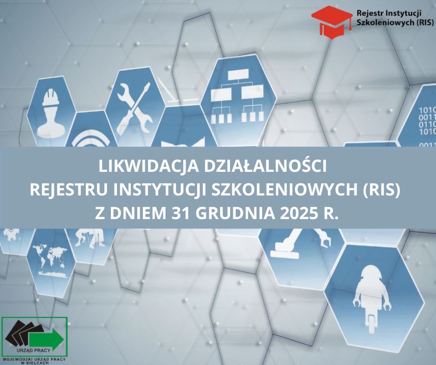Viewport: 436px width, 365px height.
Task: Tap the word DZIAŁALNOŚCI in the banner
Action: coord(265,166)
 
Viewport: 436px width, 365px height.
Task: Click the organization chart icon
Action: coord(237,95)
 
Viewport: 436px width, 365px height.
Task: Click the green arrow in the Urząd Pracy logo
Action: coord(46,338)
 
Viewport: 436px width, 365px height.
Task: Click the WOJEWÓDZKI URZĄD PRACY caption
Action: coord(34,359)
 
